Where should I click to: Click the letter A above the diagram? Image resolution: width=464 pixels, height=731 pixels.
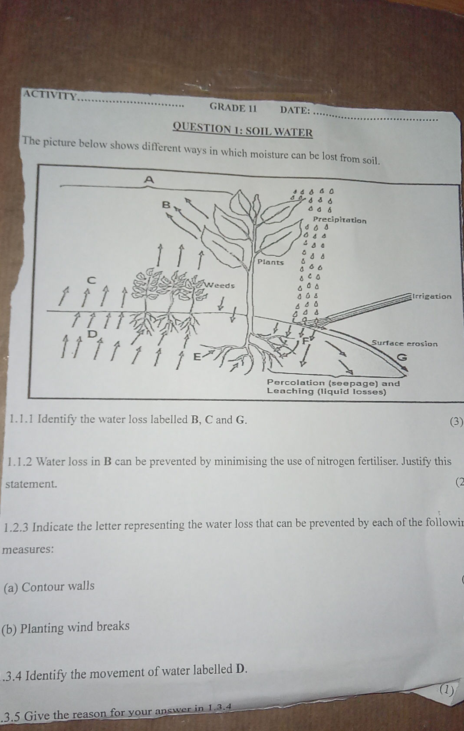[x=149, y=179]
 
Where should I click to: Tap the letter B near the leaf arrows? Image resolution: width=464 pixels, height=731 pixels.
[x=166, y=204]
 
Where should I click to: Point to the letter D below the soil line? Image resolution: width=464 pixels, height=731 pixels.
[x=92, y=334]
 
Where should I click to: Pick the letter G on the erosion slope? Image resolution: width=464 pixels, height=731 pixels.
[x=403, y=358]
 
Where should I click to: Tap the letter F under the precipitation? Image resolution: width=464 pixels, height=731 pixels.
[x=305, y=340]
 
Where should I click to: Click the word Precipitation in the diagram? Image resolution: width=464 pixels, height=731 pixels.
[x=340, y=220]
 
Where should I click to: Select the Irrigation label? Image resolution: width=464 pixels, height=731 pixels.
[x=432, y=296]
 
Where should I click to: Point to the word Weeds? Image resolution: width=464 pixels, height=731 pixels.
[x=220, y=286]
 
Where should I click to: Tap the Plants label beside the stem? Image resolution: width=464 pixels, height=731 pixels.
[x=270, y=262]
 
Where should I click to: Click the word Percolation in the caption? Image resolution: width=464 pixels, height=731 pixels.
[x=296, y=383]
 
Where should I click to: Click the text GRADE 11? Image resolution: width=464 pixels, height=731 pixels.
[x=233, y=107]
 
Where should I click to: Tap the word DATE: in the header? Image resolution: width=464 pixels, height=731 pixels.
[x=295, y=110]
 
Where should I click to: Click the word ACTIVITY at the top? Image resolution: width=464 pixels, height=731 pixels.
[x=49, y=94]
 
